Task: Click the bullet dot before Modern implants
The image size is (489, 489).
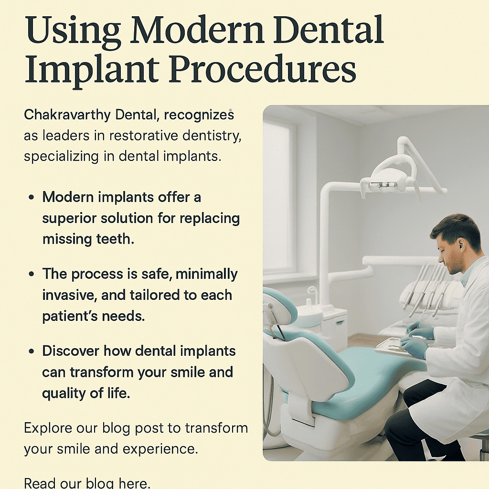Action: click(x=32, y=197)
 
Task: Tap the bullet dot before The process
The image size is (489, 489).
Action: click(x=32, y=274)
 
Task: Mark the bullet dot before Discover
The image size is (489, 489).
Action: click(x=32, y=351)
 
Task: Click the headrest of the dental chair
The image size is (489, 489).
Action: click(x=279, y=306)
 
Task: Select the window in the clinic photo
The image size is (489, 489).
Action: click(x=279, y=196)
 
